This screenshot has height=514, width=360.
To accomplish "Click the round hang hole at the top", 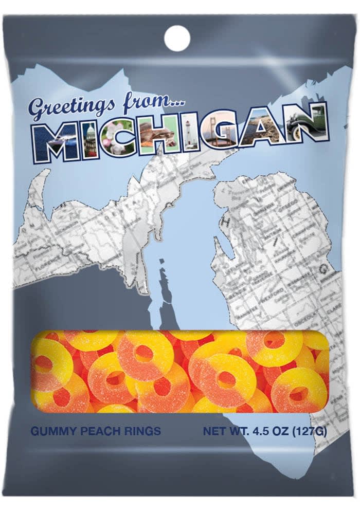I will (177, 38).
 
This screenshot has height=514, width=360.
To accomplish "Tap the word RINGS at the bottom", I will (141, 431).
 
